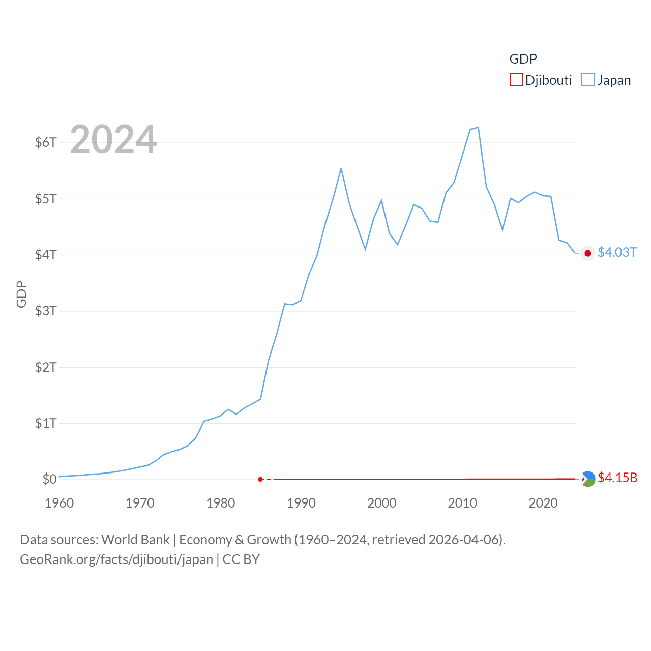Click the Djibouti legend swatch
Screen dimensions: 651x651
click(x=516, y=80)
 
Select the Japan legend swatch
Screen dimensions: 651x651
click(x=587, y=80)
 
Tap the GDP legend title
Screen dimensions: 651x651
click(x=523, y=59)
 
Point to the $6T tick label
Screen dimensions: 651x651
click(x=46, y=142)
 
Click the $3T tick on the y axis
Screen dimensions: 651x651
click(x=46, y=311)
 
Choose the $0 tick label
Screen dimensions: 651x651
click(x=49, y=479)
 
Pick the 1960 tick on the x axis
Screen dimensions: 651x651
click(x=60, y=503)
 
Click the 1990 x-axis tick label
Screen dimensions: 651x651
click(x=301, y=503)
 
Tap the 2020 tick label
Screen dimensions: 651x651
click(x=543, y=503)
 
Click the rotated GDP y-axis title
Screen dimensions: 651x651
click(x=21, y=294)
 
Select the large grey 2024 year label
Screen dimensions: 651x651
click(x=113, y=139)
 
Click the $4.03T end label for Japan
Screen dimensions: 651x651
click(x=617, y=252)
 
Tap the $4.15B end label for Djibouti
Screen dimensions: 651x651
click(x=617, y=478)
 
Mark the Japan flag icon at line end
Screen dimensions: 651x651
click(x=588, y=253)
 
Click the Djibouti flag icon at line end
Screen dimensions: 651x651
click(x=588, y=479)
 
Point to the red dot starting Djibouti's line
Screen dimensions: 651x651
click(x=260, y=479)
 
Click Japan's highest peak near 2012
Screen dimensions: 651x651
click(x=478, y=127)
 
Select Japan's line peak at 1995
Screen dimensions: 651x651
click(x=341, y=168)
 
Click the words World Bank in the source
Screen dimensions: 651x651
click(x=135, y=539)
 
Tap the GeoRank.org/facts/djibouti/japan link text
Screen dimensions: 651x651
click(x=116, y=559)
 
